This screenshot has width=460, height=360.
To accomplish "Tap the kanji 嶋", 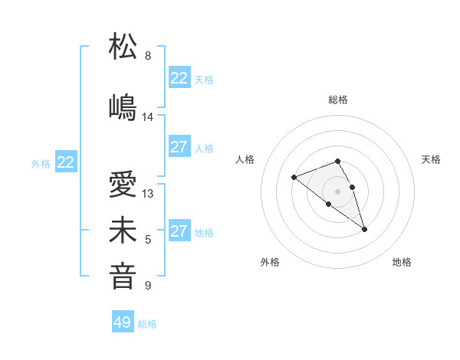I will (x=123, y=106).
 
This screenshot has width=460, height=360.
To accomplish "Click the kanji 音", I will (x=123, y=276).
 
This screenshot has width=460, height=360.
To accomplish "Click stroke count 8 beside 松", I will (x=148, y=56).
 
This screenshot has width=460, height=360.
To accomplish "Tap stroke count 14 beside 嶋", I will (x=148, y=117).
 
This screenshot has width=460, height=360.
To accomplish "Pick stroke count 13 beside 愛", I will (x=148, y=194).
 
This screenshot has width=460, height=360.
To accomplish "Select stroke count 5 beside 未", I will (x=148, y=240).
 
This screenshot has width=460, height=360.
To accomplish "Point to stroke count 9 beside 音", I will (x=148, y=286).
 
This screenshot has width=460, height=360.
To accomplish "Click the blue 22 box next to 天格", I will (x=179, y=78).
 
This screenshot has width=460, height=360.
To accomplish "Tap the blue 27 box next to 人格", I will (x=179, y=147).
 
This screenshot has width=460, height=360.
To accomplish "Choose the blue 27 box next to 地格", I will (x=179, y=231).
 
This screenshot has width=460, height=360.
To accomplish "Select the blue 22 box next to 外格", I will (x=66, y=162).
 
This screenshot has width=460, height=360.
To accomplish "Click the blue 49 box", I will (x=123, y=322).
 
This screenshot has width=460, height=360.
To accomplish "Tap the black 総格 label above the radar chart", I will (x=338, y=100).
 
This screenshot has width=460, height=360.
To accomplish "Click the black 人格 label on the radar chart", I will (x=245, y=159).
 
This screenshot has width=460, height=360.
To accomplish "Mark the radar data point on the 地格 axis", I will (x=364, y=229).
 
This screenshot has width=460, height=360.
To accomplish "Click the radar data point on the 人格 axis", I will (x=294, y=178).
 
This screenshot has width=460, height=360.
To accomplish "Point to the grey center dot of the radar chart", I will (x=337, y=191).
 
